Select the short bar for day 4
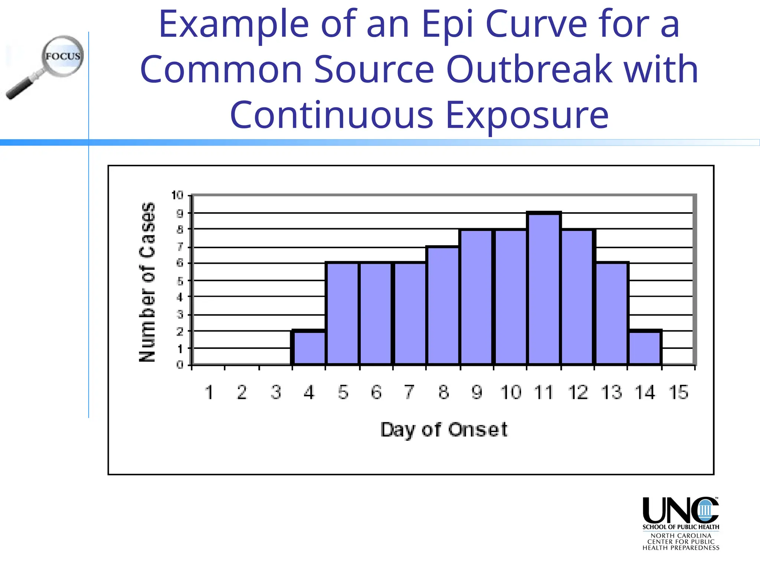pyautogui.click(x=309, y=347)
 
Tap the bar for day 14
pyautogui.click(x=645, y=347)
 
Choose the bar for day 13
pyautogui.click(x=612, y=313)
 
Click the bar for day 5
pyautogui.click(x=343, y=313)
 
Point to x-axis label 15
pyautogui.click(x=678, y=393)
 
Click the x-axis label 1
pyautogui.click(x=209, y=393)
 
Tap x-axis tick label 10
pyautogui.click(x=511, y=393)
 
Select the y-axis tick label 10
pyautogui.click(x=177, y=195)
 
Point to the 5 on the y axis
pyautogui.click(x=180, y=281)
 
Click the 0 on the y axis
pyautogui.click(x=180, y=365)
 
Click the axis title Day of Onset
pyautogui.click(x=444, y=430)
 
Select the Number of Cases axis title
pyautogui.click(x=147, y=282)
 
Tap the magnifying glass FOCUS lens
pyautogui.click(x=63, y=56)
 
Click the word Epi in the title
pyautogui.click(x=448, y=24)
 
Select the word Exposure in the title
pyautogui.click(x=527, y=115)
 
